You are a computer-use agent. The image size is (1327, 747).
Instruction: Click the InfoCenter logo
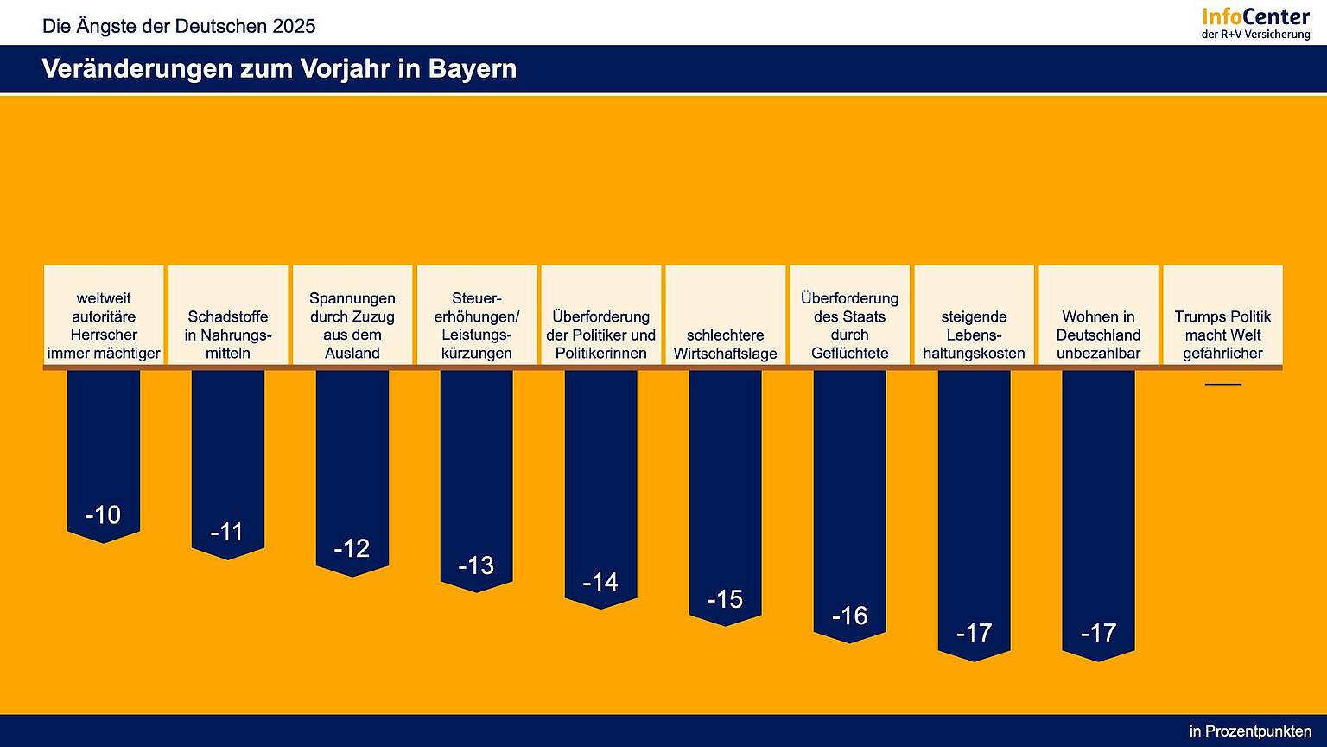tap(1255, 22)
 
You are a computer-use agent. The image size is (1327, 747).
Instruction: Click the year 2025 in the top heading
tap(294, 26)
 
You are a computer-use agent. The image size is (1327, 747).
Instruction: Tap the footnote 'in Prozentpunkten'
tap(1249, 731)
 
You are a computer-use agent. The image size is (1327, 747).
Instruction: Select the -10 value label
tap(103, 515)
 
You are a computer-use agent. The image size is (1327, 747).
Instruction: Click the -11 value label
tap(227, 532)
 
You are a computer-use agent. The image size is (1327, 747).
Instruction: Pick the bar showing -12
tap(352, 467)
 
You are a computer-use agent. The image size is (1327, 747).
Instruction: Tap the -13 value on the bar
tap(476, 565)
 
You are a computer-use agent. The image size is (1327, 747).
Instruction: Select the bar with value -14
tap(601, 484)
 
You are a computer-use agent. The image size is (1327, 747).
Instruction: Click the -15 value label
tap(725, 599)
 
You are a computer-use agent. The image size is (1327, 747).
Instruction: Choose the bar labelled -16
tap(850, 501)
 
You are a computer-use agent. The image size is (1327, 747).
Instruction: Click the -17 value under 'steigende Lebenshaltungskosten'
tap(974, 633)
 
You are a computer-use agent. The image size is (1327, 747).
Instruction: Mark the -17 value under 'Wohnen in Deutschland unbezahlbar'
tap(1098, 633)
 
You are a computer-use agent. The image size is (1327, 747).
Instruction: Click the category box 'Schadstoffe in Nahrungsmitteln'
tap(228, 316)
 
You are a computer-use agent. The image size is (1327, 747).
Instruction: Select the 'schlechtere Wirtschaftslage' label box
tap(726, 316)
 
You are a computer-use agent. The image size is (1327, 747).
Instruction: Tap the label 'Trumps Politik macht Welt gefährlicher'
tap(1222, 316)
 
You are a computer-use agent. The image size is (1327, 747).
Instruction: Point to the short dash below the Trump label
tap(1222, 384)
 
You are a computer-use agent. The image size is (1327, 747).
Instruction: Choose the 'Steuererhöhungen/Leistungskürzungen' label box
tap(477, 316)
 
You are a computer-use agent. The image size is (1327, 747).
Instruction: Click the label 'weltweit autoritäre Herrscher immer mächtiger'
tap(104, 316)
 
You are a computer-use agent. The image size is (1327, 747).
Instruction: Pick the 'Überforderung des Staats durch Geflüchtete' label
tap(850, 316)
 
